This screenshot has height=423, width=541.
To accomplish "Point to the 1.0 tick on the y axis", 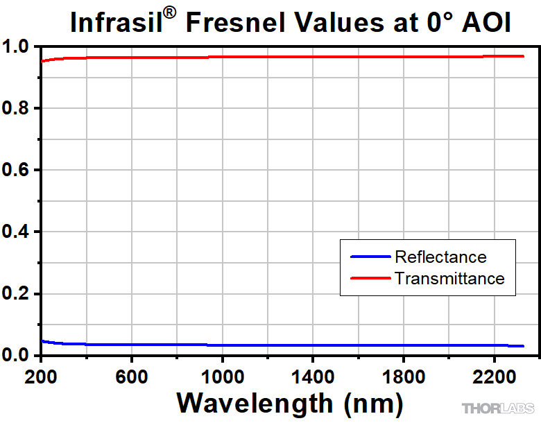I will pos(17,47).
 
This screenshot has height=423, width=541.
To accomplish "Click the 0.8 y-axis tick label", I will pos(17,109).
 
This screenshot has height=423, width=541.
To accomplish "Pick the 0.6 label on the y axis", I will pos(17,171).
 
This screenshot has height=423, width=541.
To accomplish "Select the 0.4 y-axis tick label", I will pos(17,232).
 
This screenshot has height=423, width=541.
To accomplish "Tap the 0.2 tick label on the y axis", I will pos(17,294).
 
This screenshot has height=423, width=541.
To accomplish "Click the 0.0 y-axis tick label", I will pos(17,356).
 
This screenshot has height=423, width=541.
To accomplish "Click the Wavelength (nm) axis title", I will pos(289,402).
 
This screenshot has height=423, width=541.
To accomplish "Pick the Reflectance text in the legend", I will pos(440,257).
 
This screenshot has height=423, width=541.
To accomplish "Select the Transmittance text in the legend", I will pos(449,279).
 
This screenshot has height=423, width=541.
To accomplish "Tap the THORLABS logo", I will pos(498,408).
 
